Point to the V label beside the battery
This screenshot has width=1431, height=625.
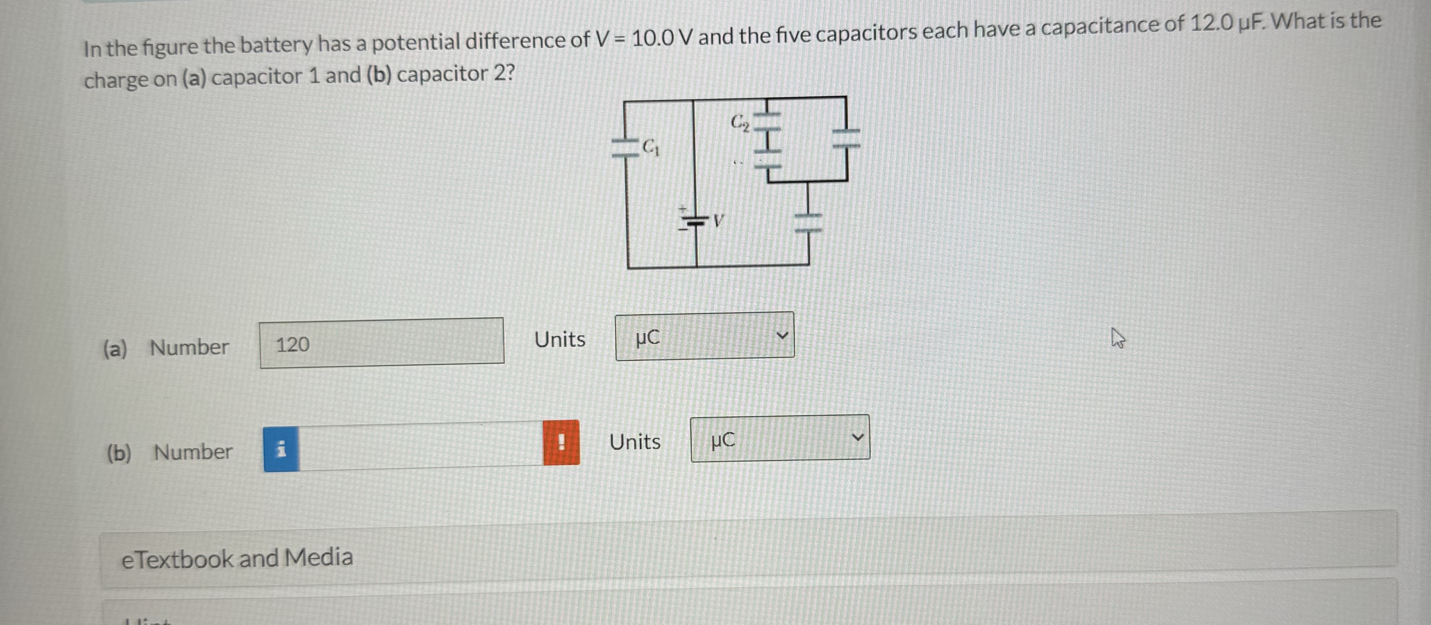[x=718, y=221]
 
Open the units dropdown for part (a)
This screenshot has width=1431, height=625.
[x=704, y=336]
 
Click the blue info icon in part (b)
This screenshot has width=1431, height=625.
[x=281, y=448]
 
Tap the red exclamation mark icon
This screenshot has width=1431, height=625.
[x=561, y=442]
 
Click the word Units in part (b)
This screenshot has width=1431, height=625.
[x=635, y=442]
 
